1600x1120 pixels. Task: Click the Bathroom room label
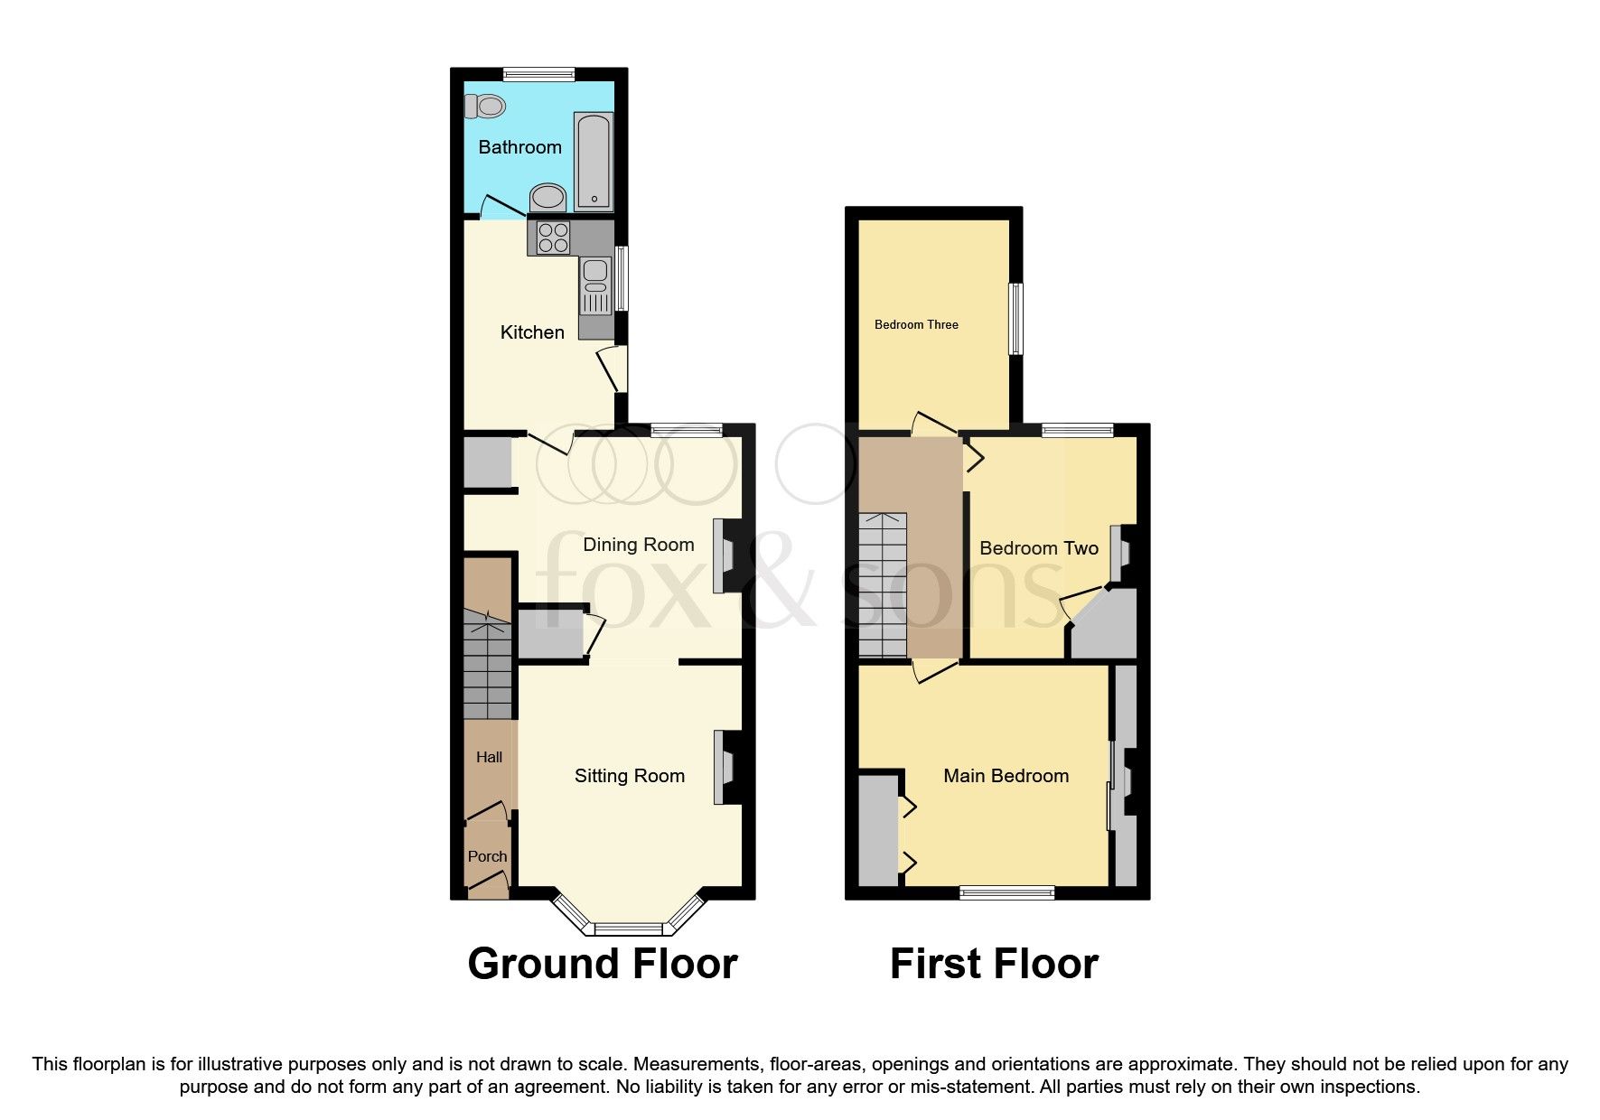click(x=519, y=147)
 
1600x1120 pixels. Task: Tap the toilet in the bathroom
click(x=484, y=107)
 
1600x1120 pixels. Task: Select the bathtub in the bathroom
click(x=594, y=161)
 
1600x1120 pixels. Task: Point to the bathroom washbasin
click(x=547, y=196)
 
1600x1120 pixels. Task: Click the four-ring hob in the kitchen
click(x=553, y=237)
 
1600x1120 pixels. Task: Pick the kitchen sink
click(x=596, y=271)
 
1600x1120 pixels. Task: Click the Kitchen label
click(x=532, y=332)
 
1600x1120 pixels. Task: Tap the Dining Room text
click(x=638, y=545)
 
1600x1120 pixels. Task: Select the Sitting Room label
click(x=629, y=776)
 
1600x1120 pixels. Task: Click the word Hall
click(x=489, y=757)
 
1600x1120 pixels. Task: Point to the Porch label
click(x=487, y=856)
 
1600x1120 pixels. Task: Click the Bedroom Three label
click(x=916, y=324)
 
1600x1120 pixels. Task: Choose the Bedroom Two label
click(x=1038, y=548)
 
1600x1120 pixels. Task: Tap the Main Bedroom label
click(x=1006, y=776)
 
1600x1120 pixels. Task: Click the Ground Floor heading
click(x=603, y=964)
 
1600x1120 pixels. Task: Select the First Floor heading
click(x=994, y=964)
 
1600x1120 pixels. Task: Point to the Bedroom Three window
click(x=1015, y=319)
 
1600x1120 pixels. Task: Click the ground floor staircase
click(x=487, y=664)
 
